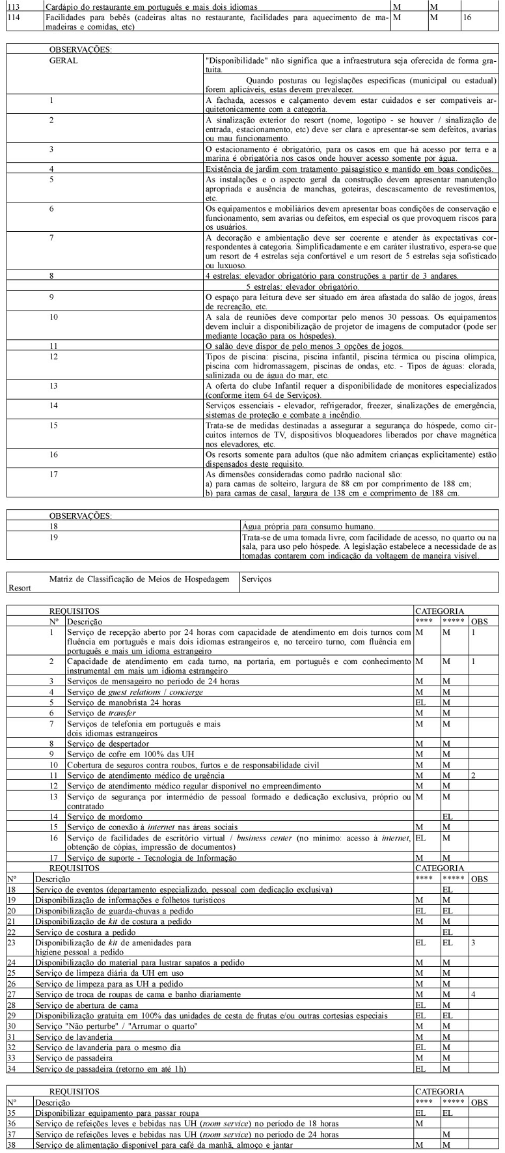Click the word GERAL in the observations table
63,60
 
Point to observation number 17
54,474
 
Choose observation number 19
54,537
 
